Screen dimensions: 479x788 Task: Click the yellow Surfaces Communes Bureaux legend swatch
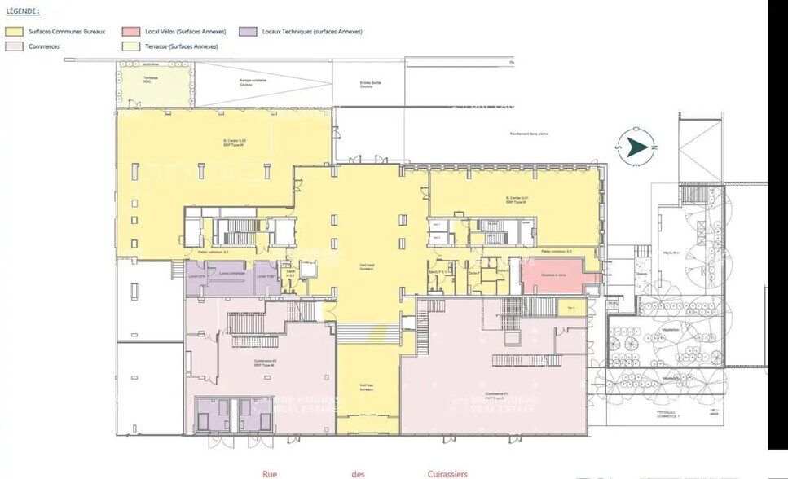(14, 31)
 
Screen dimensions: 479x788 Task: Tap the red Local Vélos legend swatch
(130, 31)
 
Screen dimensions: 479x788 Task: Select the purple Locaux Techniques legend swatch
(248, 31)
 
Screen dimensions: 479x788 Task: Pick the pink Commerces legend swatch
(14, 46)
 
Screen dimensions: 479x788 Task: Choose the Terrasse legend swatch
(130, 46)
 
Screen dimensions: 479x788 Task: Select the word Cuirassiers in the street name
(446, 473)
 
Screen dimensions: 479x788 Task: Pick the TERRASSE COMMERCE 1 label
(671, 414)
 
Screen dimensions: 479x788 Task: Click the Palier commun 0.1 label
(213, 253)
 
